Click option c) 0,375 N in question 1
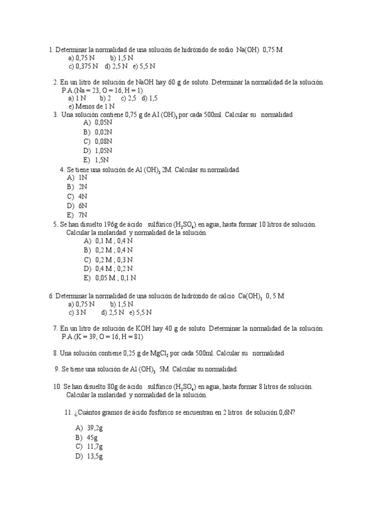83,66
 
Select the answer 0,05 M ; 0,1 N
110,278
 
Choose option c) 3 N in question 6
78,312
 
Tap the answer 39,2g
90,428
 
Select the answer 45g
87,437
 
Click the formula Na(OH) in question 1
248,49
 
